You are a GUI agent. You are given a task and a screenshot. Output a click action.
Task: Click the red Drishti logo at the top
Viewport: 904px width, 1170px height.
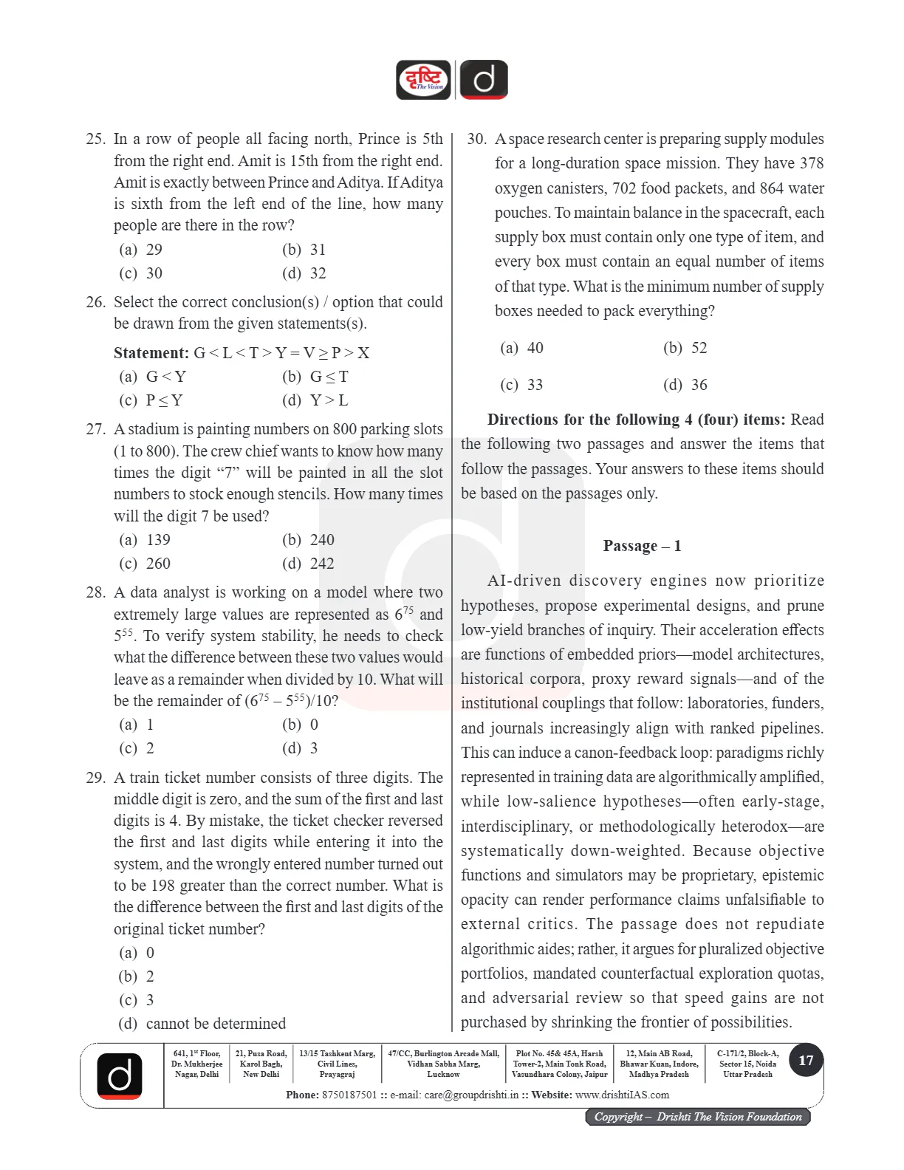(423, 80)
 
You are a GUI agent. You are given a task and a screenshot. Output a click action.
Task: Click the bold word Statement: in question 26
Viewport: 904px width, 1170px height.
(151, 353)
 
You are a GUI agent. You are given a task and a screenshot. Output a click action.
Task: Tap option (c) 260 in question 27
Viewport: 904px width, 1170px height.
(145, 564)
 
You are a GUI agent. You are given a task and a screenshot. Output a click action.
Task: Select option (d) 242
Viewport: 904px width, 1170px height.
(308, 564)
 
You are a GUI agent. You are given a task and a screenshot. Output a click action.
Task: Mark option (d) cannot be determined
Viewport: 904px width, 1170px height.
(202, 1024)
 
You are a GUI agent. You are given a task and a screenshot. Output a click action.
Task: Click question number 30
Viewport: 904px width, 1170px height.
(476, 139)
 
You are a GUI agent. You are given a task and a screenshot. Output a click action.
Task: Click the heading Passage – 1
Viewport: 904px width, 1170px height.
(642, 546)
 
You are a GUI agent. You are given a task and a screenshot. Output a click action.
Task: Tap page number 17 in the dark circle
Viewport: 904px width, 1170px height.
(806, 1061)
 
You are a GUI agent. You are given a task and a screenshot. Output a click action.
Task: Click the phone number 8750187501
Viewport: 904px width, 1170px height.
(349, 1095)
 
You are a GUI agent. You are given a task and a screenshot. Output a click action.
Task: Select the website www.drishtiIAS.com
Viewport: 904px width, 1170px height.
(622, 1095)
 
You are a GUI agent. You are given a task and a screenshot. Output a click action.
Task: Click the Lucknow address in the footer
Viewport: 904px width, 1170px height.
(443, 1064)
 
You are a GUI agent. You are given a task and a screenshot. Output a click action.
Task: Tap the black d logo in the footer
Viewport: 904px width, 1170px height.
(120, 1075)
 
